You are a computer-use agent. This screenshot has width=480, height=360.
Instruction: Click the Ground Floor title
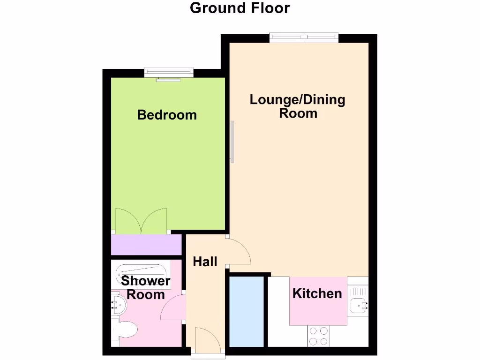(x=240, y=8)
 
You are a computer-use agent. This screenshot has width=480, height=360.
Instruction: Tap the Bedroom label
(x=167, y=115)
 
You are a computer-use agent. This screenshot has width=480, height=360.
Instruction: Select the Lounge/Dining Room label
(x=298, y=106)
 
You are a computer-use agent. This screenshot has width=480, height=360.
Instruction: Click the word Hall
(x=205, y=262)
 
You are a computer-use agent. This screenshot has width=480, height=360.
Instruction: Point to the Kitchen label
(x=317, y=294)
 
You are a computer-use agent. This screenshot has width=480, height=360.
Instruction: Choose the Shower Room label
(x=146, y=287)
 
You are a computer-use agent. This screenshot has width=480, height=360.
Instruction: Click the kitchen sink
(x=359, y=305)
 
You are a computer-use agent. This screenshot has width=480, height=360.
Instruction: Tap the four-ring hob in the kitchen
(x=318, y=336)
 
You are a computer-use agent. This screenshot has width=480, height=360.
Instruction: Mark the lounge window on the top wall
(x=304, y=37)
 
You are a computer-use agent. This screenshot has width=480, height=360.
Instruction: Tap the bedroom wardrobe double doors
(x=141, y=221)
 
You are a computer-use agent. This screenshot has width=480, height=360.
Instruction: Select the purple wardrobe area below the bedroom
(x=146, y=245)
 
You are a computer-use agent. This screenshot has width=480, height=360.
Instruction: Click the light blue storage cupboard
(x=247, y=311)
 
